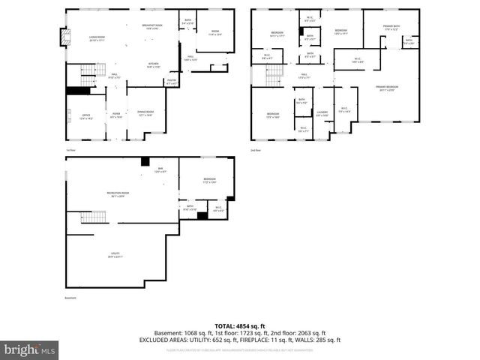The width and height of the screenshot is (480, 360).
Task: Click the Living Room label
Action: pyautogui.click(x=97, y=37)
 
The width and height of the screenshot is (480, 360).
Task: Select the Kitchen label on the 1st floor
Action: pyautogui.click(x=154, y=65)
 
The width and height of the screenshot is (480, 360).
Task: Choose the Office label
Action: pyautogui.click(x=86, y=116)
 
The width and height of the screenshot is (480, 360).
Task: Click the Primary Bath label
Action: pyautogui.click(x=391, y=28)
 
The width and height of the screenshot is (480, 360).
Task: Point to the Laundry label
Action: pyautogui.click(x=322, y=113)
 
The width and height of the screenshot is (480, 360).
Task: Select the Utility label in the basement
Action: pyautogui.click(x=115, y=256)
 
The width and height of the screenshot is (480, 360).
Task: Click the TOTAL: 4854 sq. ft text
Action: pyautogui.click(x=239, y=326)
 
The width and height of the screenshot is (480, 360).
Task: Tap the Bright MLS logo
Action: pyautogui.click(x=30, y=349)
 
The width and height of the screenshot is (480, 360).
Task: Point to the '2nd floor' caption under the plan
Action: pyautogui.click(x=256, y=150)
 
